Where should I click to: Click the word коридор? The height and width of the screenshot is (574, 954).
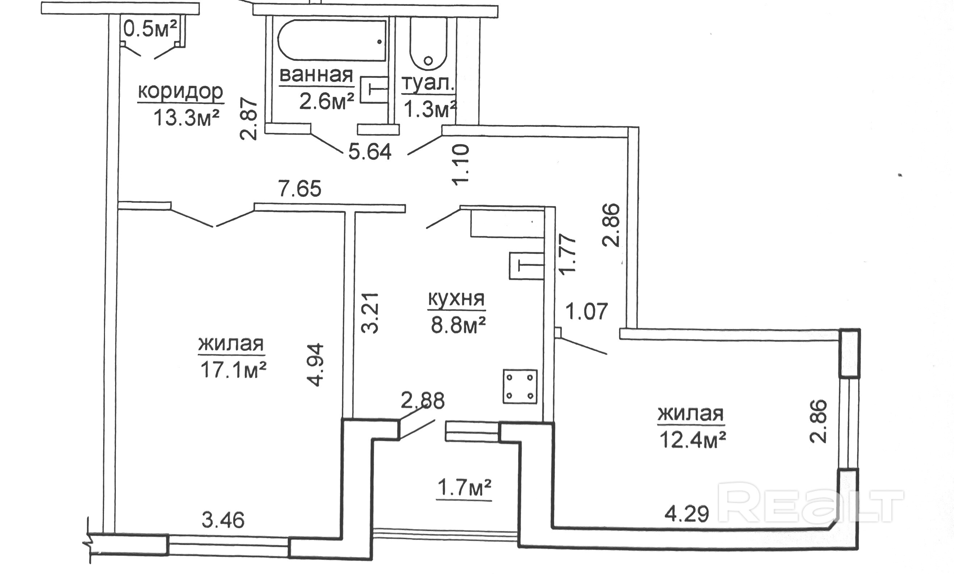tap(181, 92)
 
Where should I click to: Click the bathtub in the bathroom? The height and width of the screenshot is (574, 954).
tap(332, 41)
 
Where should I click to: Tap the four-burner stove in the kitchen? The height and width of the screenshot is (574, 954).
tap(520, 387)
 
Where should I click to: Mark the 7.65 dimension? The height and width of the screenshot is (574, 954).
tap(300, 189)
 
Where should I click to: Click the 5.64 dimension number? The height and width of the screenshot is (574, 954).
tap(370, 152)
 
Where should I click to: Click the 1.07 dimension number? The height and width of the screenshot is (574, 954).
tap(587, 311)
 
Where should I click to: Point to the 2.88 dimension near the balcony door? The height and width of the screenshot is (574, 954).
tap(423, 401)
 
